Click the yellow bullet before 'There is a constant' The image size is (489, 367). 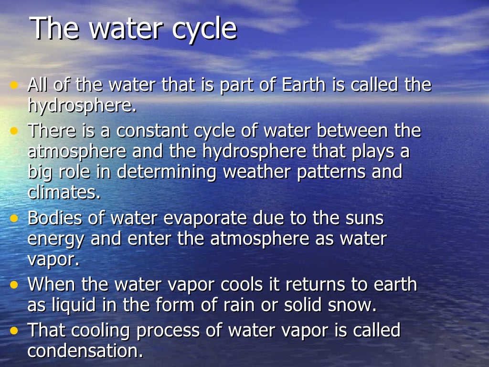15,130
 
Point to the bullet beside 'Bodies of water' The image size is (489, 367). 15,218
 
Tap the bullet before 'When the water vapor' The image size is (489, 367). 15,285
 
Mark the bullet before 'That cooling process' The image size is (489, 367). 15,330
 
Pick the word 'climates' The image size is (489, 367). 63,193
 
